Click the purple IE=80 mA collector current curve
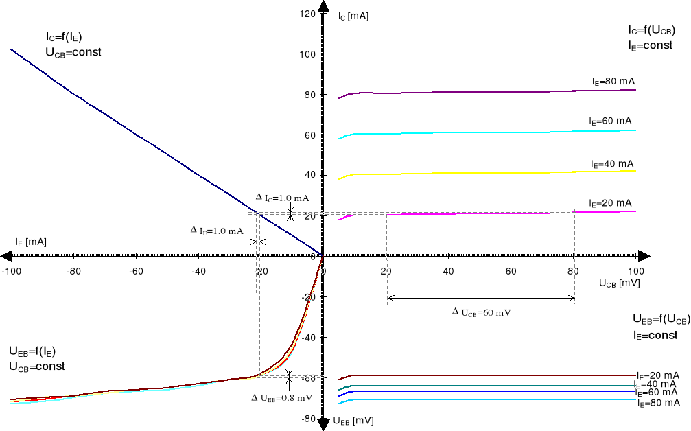(480, 92)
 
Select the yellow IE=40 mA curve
(480, 172)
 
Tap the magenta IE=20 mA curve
(480, 213)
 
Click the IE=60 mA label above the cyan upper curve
(610, 121)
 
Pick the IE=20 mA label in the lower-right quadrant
(658, 375)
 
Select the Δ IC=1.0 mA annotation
(282, 198)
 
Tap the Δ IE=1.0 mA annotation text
(217, 231)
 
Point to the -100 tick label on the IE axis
(11, 271)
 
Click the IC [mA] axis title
(353, 15)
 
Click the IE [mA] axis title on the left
(31, 242)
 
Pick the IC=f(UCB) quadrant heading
(651, 30)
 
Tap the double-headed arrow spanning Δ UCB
(480, 298)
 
